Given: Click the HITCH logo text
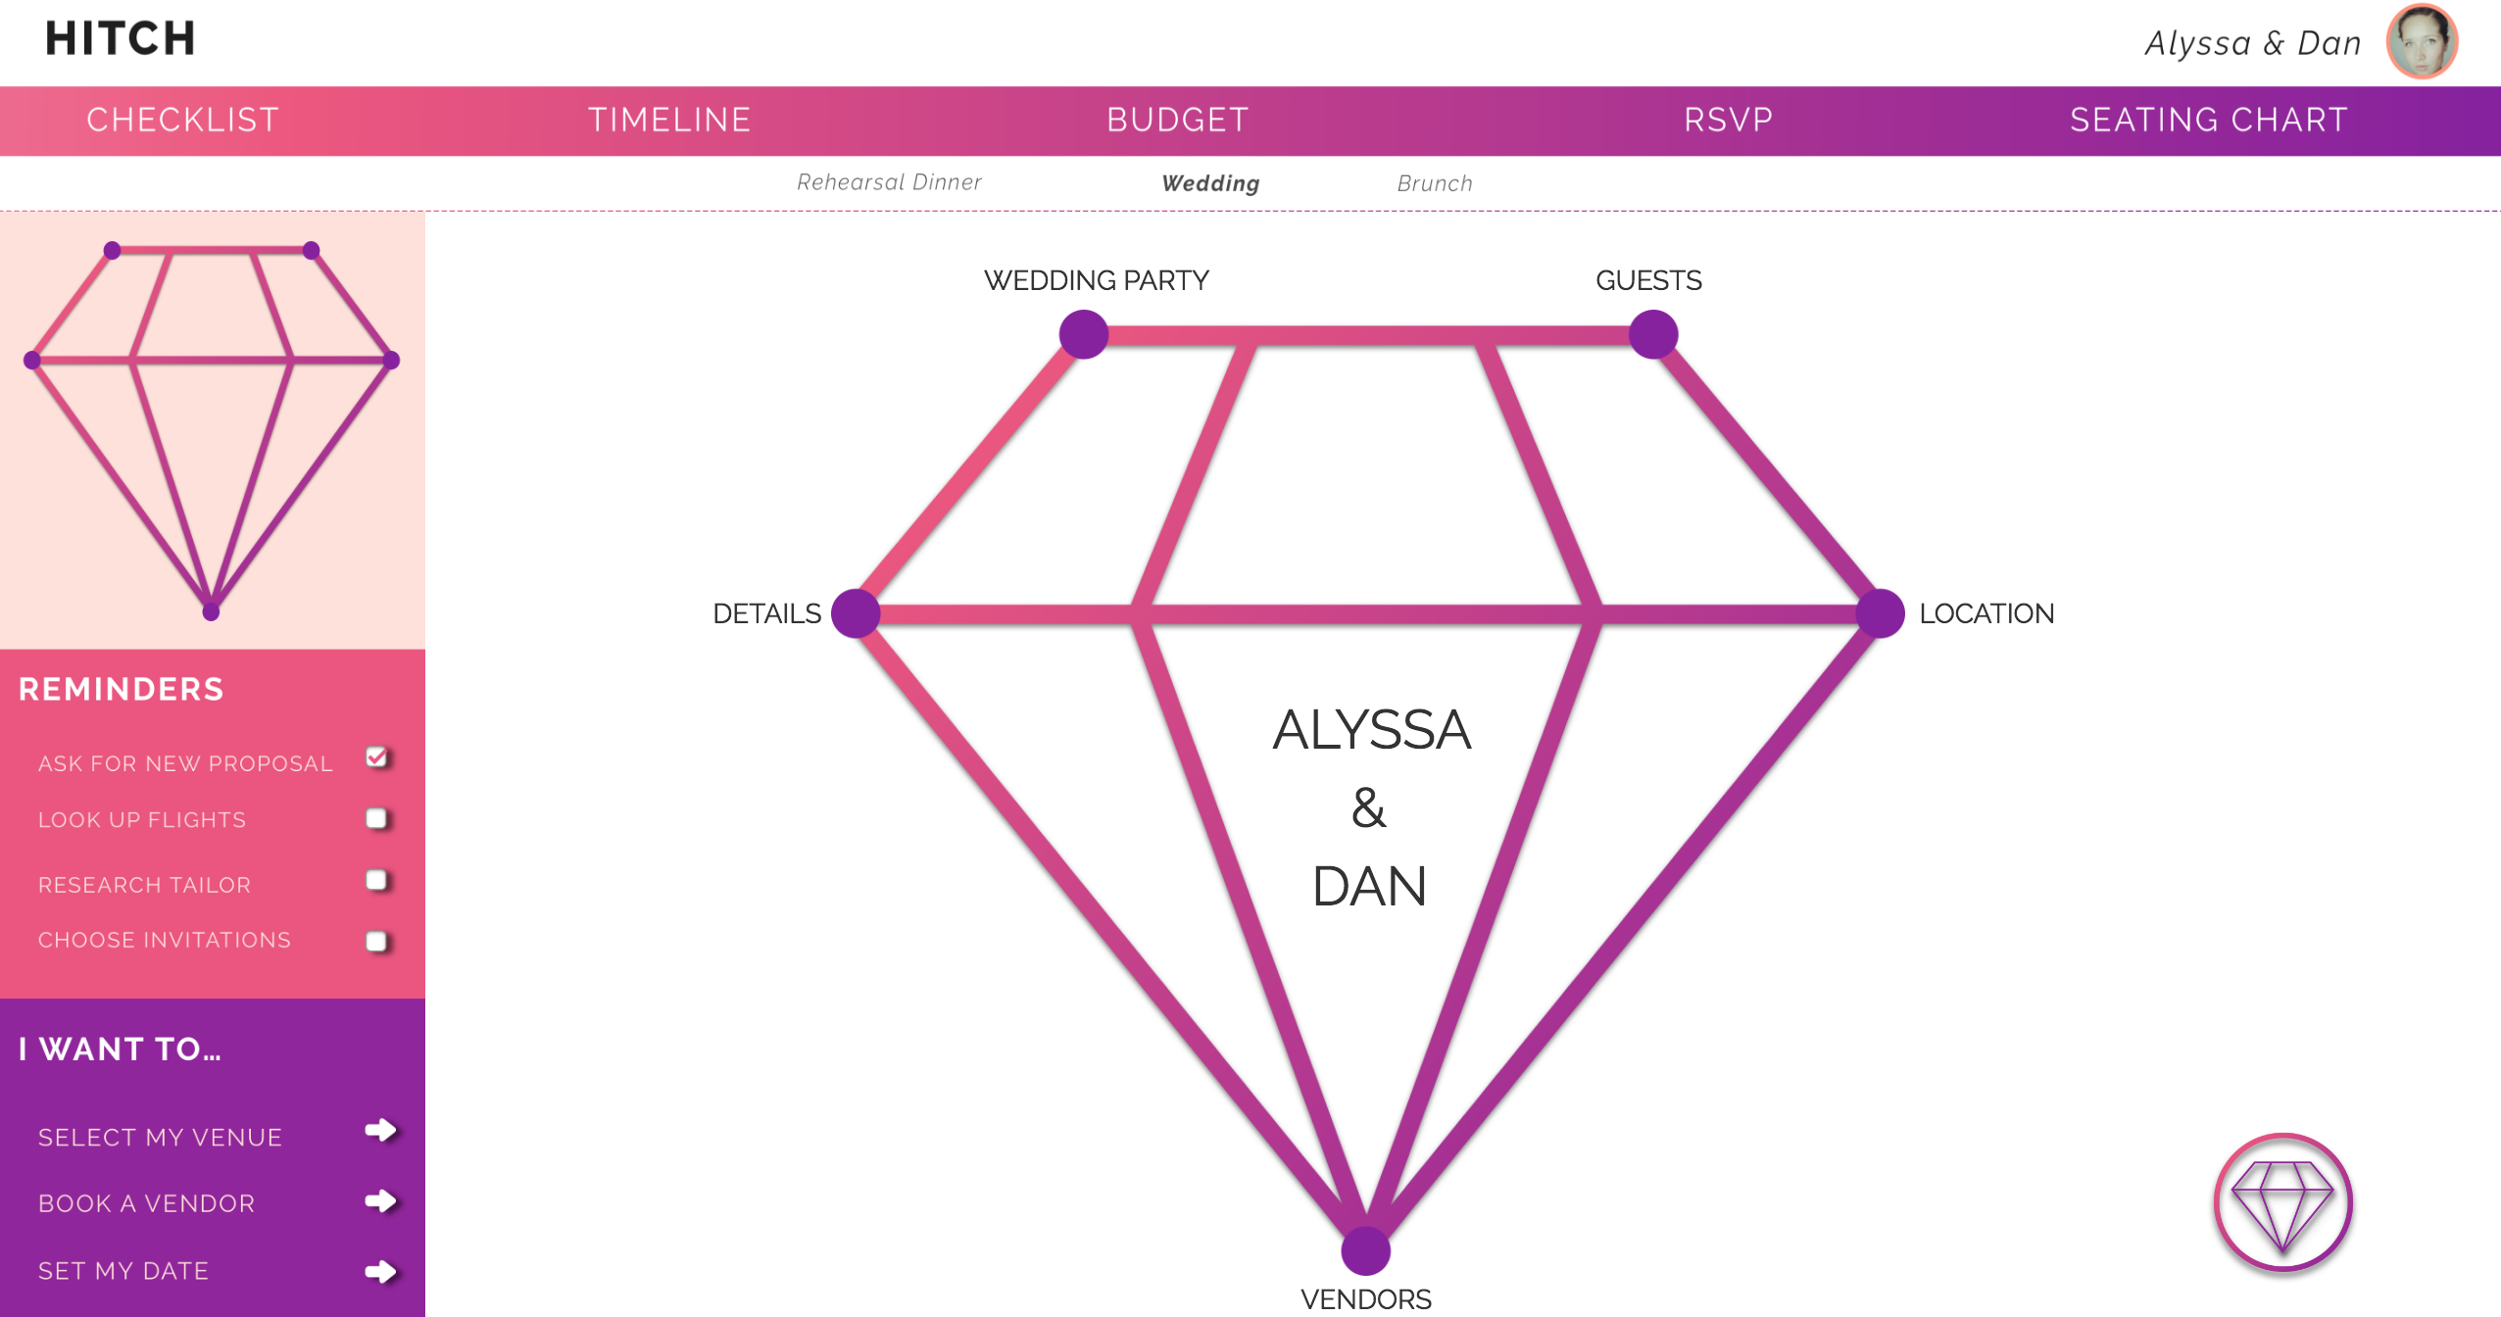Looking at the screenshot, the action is (121, 39).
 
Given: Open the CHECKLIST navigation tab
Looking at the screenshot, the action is (182, 120).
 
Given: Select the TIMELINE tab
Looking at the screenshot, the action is (669, 120).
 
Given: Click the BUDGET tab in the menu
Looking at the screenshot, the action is (1177, 120).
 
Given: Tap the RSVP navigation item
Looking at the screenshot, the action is (1728, 120).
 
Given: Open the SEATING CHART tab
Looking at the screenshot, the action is (2208, 120).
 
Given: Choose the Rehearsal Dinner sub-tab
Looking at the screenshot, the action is (889, 182).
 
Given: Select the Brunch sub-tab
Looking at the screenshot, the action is (1434, 183).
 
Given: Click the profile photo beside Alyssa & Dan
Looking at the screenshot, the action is (2422, 41).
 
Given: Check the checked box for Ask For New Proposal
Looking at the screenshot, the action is (376, 757).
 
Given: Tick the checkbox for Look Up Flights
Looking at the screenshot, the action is (376, 818).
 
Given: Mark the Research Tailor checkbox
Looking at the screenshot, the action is (376, 880).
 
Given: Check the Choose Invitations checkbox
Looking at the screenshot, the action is (376, 941).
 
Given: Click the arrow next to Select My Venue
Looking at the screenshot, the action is (380, 1131).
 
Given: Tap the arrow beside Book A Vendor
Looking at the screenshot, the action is (380, 1201).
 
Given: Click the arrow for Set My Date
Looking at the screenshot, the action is (380, 1272).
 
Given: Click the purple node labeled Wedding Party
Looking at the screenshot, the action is (1084, 334).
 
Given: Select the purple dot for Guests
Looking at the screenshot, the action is (1653, 334).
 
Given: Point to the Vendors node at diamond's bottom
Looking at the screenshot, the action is (1365, 1250).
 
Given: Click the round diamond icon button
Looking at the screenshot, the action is (2282, 1202).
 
